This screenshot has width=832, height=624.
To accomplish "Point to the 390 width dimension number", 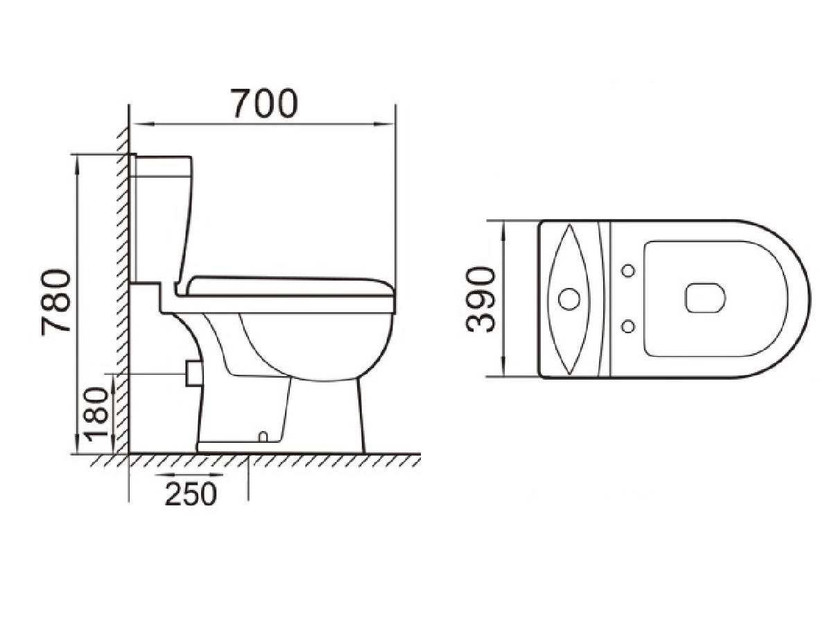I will [x=482, y=300].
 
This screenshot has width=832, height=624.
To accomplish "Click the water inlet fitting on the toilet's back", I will [x=192, y=373].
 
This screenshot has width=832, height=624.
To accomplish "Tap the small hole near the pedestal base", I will [x=262, y=437].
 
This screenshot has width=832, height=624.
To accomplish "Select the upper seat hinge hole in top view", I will [x=628, y=270].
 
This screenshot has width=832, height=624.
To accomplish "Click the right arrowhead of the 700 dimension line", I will [x=388, y=125].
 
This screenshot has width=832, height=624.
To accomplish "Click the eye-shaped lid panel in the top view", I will [x=569, y=299].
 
